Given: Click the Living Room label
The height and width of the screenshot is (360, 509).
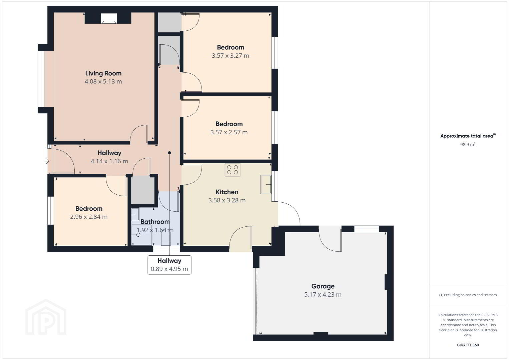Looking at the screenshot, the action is [103, 73].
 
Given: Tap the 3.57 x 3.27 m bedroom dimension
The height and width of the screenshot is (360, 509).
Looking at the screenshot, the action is [230, 56].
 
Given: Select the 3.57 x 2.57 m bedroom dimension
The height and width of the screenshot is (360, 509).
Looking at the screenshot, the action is [229, 132].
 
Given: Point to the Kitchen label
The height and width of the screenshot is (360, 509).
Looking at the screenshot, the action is [227, 192].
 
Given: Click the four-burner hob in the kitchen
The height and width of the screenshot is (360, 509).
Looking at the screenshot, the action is [232, 170].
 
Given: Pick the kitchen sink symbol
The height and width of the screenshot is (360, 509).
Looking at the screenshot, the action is [266, 184].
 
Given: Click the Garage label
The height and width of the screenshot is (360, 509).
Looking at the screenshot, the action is [323, 286].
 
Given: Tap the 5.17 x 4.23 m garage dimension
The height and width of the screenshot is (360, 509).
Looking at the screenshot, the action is [323, 295].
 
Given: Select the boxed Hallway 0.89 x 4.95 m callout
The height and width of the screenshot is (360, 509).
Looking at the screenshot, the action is [169, 265].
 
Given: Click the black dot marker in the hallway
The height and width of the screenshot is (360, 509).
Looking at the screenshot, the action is [169, 153].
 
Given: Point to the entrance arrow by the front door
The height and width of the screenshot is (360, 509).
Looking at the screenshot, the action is [46, 161].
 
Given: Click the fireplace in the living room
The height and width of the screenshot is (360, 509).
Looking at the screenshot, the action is [109, 18].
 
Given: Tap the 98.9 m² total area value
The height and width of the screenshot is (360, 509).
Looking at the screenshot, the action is [468, 144].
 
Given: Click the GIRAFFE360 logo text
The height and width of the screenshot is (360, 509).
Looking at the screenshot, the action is [468, 345].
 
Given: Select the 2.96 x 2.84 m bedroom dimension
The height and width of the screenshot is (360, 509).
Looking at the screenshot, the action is [89, 217].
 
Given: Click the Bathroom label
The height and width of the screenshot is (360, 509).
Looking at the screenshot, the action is [155, 222].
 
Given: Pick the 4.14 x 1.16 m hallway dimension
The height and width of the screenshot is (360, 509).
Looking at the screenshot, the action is [109, 161].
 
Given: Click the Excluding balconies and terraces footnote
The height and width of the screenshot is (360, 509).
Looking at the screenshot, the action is [468, 295].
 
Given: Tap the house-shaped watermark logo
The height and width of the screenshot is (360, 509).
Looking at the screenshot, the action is [46, 317].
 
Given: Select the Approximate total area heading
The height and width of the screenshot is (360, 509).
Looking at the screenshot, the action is [468, 136].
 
